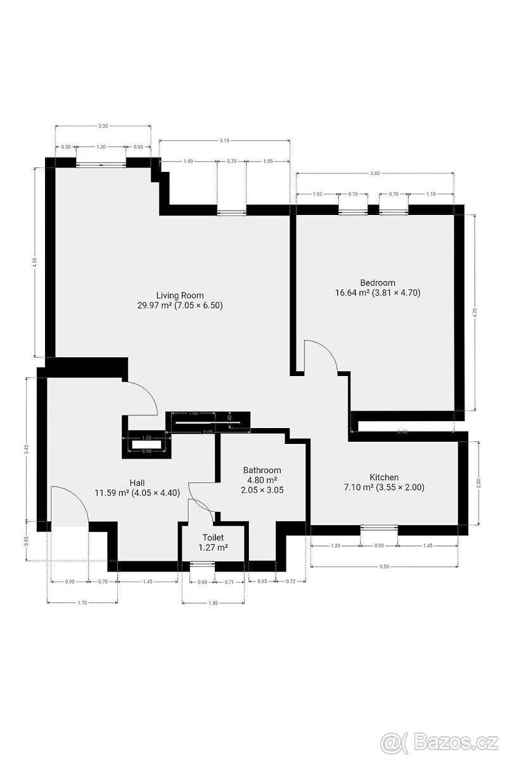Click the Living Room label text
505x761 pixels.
coord(180,295)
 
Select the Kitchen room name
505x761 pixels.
coord(384,478)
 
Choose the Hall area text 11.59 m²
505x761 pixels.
coord(112,493)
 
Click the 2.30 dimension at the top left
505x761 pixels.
coord(103,126)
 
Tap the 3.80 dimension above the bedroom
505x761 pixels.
coord(374,173)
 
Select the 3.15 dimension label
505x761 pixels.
coord(224,141)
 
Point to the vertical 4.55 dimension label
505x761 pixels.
coord(35,261)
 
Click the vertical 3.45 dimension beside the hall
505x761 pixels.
coord(27,449)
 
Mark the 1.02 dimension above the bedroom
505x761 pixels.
coord(317,194)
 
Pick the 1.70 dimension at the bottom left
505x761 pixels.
coord(82,603)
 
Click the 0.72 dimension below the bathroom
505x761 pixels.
coord(291,582)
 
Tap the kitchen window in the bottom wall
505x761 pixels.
coord(379,527)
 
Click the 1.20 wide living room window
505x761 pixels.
coord(101,164)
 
